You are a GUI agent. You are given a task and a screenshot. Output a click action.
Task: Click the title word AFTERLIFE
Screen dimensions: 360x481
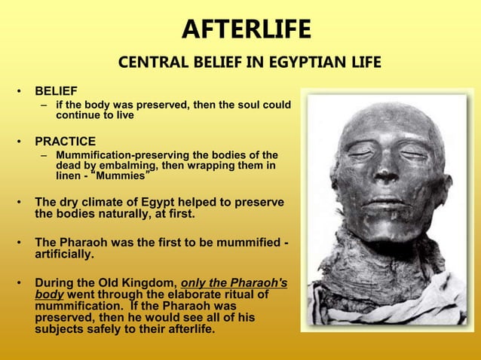point(246,29)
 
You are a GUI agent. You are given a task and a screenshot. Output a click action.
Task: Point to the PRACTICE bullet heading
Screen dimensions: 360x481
point(65,141)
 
